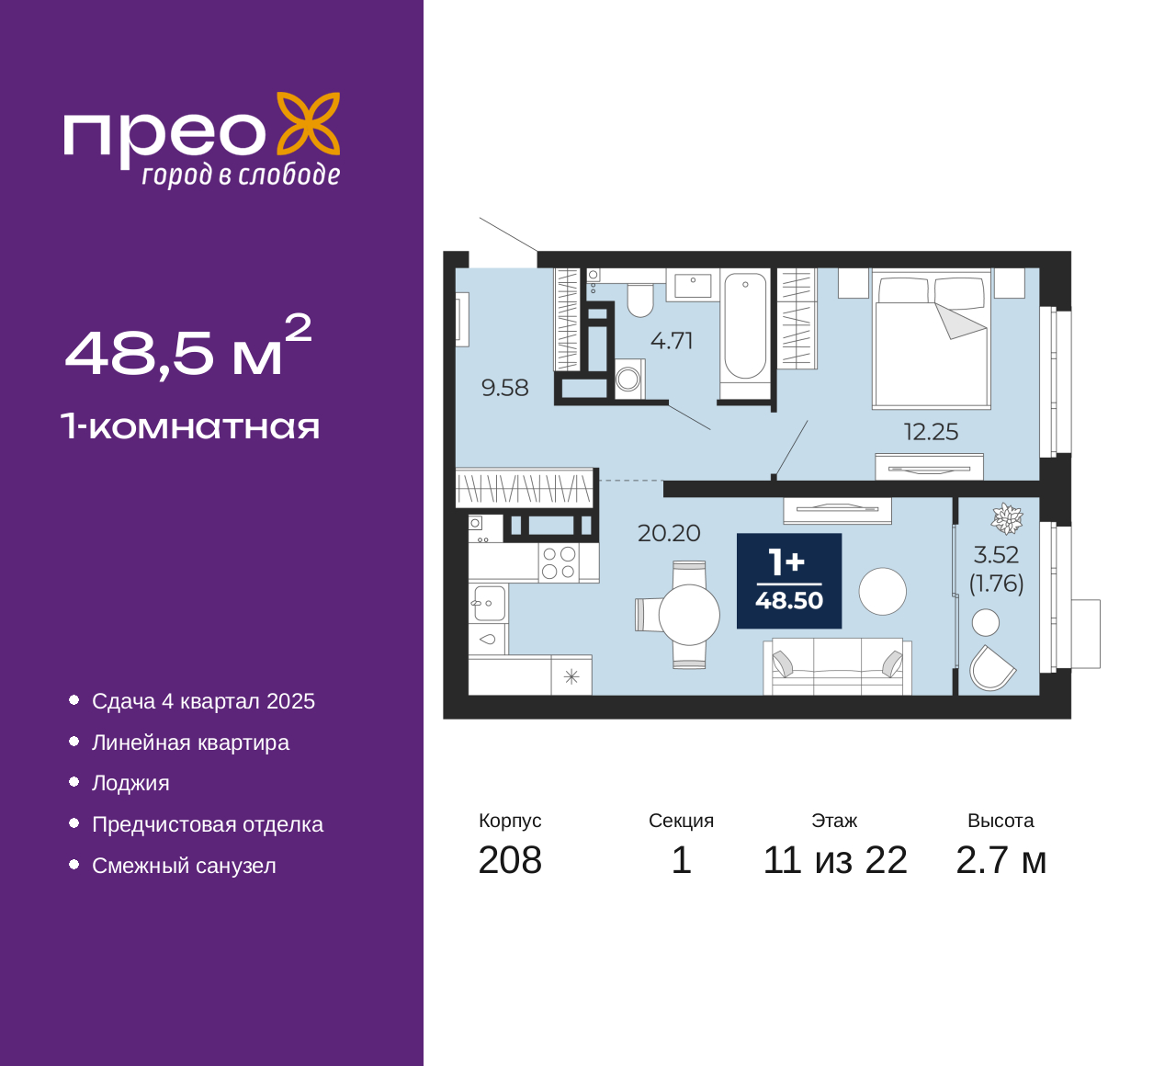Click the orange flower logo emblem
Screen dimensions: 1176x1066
(x=309, y=123)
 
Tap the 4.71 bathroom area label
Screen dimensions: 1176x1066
(x=672, y=341)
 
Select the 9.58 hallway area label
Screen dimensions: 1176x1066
(x=504, y=388)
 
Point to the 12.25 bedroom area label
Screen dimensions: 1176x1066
(x=931, y=432)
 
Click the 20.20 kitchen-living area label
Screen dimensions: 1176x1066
(x=669, y=533)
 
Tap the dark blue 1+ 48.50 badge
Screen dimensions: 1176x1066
(x=789, y=581)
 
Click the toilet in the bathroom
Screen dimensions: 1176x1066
(x=640, y=300)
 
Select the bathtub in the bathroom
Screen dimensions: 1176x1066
(x=745, y=326)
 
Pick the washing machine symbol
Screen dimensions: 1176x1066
(x=629, y=379)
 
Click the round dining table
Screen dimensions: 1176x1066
(x=689, y=615)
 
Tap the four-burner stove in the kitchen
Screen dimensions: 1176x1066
(x=559, y=562)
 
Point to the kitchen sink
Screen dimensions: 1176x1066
(x=489, y=603)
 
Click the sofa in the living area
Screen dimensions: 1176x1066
(x=837, y=666)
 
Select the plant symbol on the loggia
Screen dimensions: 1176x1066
(x=1007, y=519)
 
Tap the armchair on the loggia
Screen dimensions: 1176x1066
(x=991, y=668)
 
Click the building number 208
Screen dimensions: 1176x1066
(x=510, y=860)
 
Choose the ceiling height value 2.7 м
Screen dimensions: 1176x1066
(x=1001, y=860)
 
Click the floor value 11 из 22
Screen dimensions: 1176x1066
(x=835, y=860)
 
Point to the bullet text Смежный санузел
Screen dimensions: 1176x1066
(x=184, y=866)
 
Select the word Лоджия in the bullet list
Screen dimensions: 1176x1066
(x=130, y=783)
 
